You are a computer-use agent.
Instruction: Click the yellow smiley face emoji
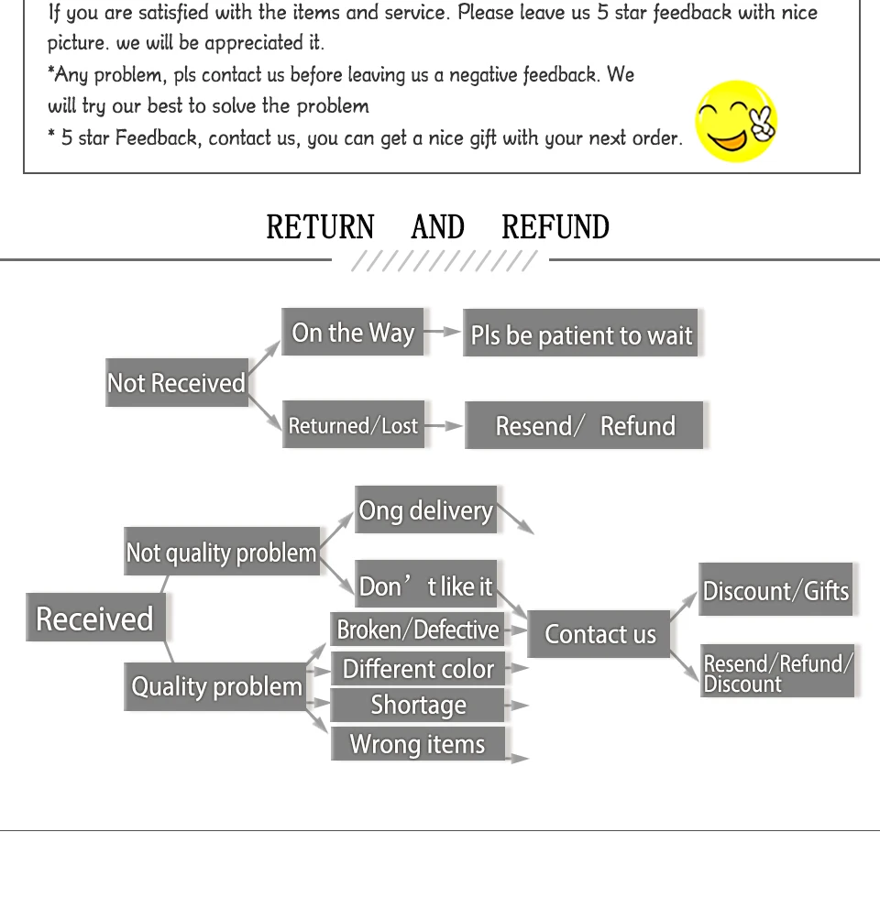736,121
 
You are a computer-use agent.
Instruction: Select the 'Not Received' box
177,383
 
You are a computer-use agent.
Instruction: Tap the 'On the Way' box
353,333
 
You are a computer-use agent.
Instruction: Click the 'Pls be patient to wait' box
581,335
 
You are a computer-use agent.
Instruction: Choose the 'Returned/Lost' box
353,425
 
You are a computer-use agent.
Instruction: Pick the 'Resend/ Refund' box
584,426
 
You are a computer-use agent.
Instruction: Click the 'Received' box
95,619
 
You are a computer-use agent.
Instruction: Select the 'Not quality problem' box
222,553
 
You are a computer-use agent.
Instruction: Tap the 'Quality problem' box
216,686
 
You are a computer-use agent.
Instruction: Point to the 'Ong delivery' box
425,510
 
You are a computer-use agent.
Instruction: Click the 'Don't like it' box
425,586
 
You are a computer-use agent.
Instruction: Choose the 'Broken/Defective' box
418,630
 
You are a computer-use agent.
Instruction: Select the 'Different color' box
418,669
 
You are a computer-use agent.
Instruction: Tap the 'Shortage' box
418,705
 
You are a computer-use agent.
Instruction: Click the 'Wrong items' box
418,743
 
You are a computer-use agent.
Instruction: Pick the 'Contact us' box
599,634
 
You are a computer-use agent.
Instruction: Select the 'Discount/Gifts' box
775,591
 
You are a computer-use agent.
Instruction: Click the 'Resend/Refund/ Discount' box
776,672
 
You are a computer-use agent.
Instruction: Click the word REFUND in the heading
555,227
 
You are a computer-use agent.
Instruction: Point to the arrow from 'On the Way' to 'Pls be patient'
443,332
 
